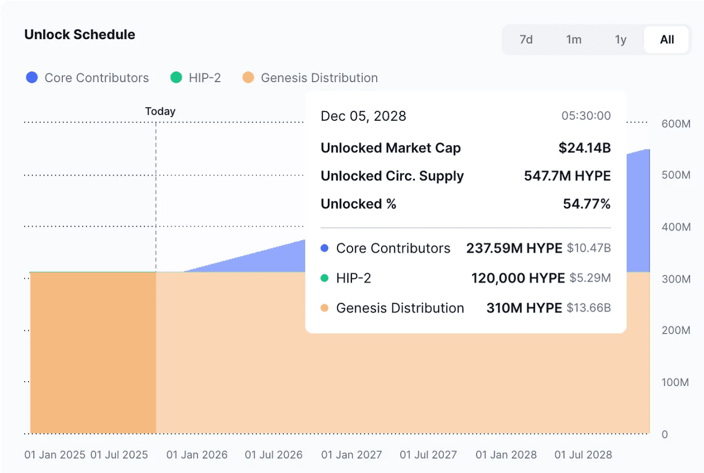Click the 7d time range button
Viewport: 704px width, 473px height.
pos(526,40)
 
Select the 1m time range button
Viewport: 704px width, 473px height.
pos(573,40)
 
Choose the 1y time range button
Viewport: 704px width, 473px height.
pos(621,40)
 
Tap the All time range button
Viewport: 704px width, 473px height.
pos(667,40)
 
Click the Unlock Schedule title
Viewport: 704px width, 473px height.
pos(80,35)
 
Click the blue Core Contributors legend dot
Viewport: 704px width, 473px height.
pos(32,78)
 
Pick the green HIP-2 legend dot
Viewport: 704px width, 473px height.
pos(176,78)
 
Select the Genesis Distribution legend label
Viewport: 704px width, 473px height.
pos(319,78)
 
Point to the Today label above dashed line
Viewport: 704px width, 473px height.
pos(160,112)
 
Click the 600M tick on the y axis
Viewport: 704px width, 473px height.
pos(676,124)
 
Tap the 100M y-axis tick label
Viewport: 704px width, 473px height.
pos(676,382)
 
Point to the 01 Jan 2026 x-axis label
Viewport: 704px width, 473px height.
pos(197,455)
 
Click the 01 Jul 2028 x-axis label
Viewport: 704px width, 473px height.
pos(583,455)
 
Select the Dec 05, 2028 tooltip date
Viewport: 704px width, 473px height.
pos(363,116)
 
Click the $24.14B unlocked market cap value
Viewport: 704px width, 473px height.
pos(584,148)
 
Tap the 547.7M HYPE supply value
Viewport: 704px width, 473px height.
pos(567,176)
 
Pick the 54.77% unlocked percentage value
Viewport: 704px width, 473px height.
pos(587,204)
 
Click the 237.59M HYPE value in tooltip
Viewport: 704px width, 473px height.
pos(514,248)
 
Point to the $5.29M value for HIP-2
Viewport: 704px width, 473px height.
pos(588,278)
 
